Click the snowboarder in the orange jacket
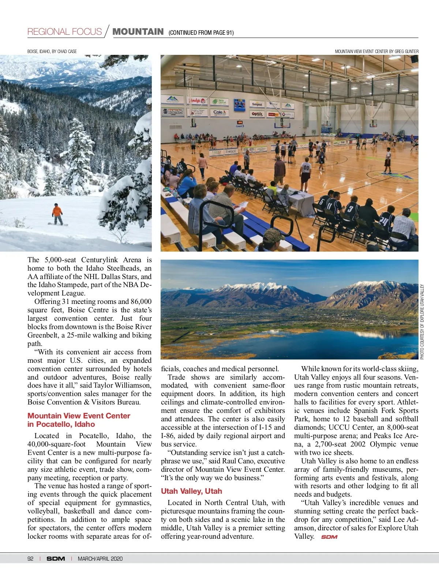(57, 214)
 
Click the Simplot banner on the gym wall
(257, 104)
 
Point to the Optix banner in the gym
(257, 114)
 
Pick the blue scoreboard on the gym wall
(240, 105)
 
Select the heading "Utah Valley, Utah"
(191, 491)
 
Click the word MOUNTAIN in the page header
(138, 32)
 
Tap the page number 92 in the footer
(30, 558)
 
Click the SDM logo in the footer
(56, 558)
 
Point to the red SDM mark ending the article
(329, 537)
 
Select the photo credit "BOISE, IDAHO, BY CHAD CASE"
(52, 52)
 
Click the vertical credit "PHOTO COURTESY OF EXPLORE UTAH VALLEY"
(422, 322)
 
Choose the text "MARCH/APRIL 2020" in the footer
(100, 558)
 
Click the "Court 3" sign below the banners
(240, 126)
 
